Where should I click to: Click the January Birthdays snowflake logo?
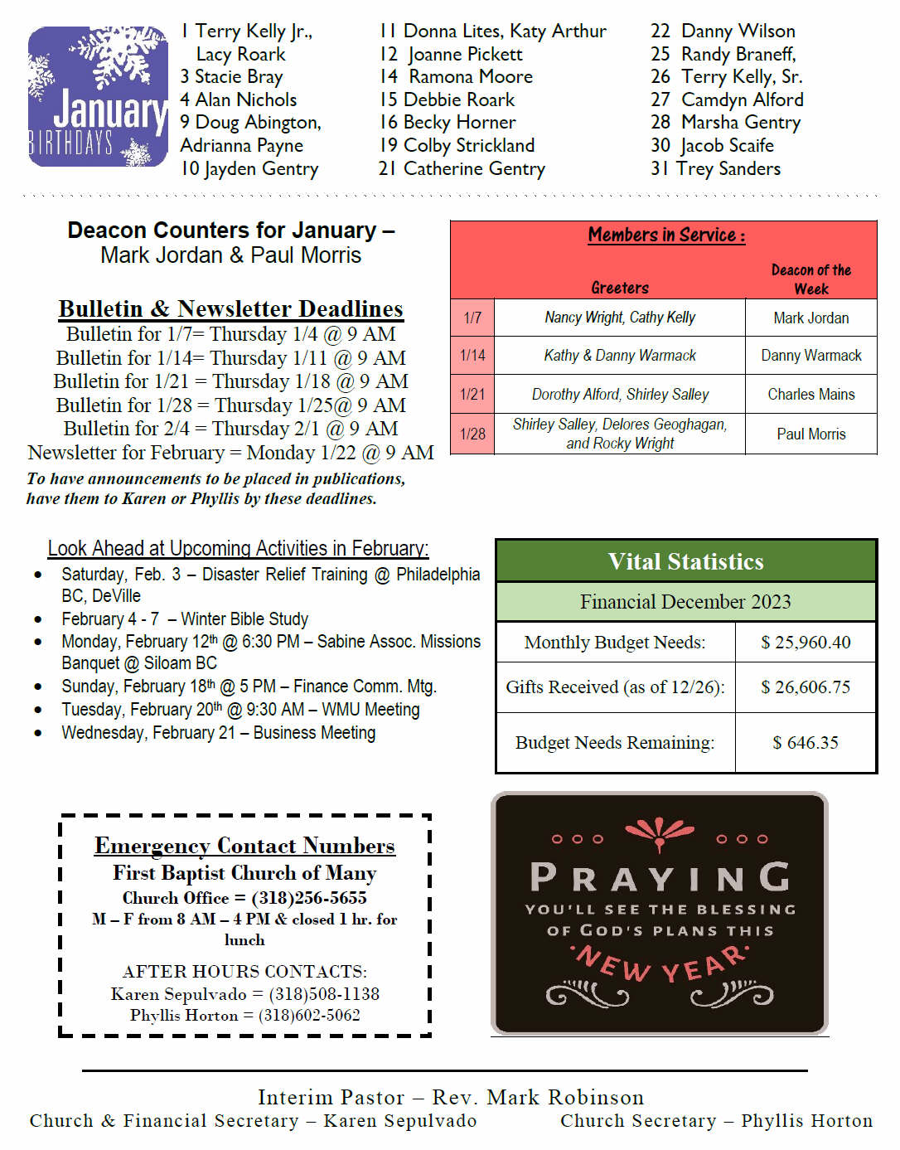click(98, 96)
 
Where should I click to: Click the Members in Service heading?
click(666, 235)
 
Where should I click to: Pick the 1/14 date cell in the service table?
click(472, 356)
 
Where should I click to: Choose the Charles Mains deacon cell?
click(810, 395)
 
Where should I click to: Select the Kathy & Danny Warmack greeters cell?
click(620, 356)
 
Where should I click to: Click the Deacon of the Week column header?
click(810, 279)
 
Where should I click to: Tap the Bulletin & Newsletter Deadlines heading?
click(230, 308)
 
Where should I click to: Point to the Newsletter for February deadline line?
click(230, 453)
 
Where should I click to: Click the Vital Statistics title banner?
click(685, 561)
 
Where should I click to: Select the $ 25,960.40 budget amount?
click(806, 643)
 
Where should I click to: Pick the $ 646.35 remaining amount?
click(806, 743)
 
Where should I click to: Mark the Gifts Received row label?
click(615, 687)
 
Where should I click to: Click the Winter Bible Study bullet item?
click(185, 619)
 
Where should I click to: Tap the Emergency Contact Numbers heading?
click(244, 846)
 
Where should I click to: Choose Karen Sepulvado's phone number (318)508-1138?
click(324, 994)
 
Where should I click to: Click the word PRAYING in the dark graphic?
click(660, 877)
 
